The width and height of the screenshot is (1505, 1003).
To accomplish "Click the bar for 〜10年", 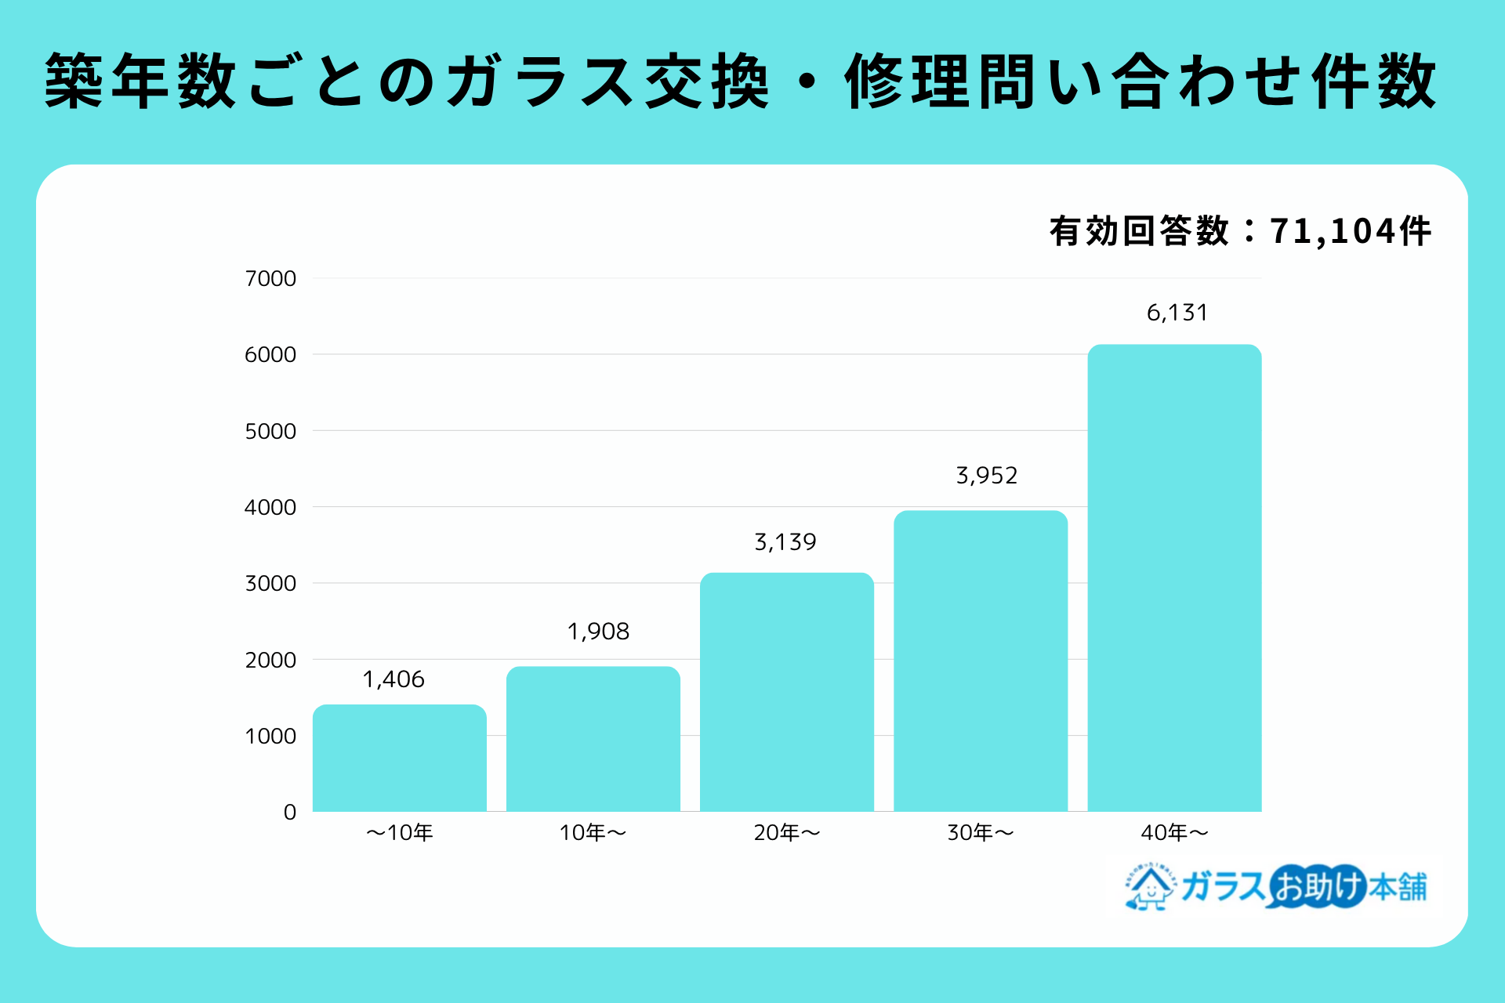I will [400, 758].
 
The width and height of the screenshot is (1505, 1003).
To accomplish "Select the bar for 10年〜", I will [593, 739].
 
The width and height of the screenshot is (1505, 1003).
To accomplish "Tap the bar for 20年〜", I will [787, 692].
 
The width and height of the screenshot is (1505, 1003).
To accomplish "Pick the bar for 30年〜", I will [981, 661].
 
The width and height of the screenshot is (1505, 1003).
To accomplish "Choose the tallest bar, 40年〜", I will [1174, 578].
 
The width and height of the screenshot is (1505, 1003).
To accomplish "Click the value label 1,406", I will [393, 679].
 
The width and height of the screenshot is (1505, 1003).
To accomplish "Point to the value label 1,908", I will [598, 632].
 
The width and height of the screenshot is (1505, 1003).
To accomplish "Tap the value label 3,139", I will [785, 542].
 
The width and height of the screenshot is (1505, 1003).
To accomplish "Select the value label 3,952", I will [986, 476].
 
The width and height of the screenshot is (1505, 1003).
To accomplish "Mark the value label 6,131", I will [1177, 313].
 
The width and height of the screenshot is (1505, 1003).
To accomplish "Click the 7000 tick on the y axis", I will [270, 279].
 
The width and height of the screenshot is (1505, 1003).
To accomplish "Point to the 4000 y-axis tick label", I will [270, 508].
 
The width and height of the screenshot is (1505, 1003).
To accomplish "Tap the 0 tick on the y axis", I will [290, 813].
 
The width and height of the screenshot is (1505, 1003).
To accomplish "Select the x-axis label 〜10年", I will [400, 833].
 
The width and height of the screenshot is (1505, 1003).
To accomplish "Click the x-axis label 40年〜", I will [1174, 833].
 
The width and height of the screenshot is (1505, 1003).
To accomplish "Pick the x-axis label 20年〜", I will [787, 833].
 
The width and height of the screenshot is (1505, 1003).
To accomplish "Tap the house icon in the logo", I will [1150, 887].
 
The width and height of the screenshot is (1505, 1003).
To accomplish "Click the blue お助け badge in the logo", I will [1318, 887].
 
